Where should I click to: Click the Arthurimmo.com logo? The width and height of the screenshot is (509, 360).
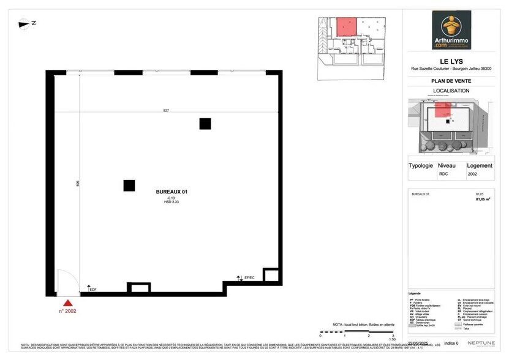tap(451, 30)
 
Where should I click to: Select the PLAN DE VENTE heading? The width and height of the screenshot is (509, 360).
tap(451, 80)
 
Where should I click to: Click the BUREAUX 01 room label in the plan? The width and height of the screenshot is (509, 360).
tap(172, 192)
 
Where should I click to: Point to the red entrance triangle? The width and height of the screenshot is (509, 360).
tap(68, 302)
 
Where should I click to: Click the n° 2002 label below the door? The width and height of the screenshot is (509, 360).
tap(68, 311)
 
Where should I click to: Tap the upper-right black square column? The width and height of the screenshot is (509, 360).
tap(205, 124)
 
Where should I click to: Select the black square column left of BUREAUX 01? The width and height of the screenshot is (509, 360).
tap(129, 186)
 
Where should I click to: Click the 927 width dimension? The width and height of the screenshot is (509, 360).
tap(166, 110)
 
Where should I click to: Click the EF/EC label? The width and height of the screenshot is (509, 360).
tap(249, 279)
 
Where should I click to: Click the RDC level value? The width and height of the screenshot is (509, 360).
tap(443, 174)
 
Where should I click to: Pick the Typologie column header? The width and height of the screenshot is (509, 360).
tap(421, 165)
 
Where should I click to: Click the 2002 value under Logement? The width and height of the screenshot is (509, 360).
tap(472, 174)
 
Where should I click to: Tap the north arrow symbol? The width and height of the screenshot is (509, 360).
tap(28, 24)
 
